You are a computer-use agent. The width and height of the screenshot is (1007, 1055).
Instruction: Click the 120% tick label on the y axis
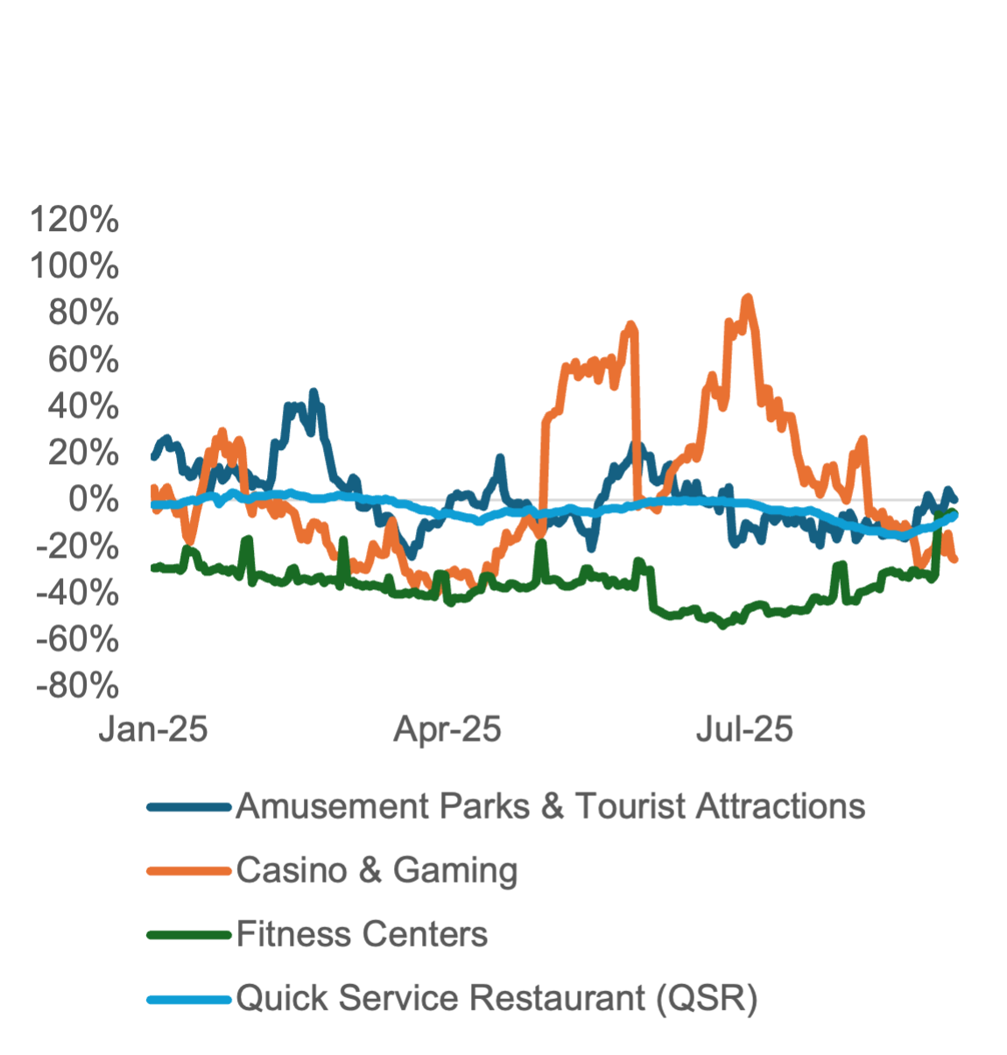75,221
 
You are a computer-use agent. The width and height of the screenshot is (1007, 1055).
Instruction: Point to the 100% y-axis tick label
75,267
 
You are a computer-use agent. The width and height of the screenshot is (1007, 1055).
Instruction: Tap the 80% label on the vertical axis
84,313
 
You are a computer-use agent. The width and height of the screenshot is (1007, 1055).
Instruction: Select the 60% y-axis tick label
84,360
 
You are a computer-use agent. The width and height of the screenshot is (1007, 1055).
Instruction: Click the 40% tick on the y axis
84,406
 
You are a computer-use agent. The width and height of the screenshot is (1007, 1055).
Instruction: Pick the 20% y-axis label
84,454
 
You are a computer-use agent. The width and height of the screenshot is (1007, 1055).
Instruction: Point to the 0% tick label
94,500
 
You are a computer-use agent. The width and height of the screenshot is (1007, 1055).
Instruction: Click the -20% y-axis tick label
79,547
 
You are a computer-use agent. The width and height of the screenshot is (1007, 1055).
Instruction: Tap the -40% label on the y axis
79,594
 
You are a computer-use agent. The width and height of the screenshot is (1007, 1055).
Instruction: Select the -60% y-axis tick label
79,640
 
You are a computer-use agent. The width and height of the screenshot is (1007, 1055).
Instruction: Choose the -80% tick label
79,686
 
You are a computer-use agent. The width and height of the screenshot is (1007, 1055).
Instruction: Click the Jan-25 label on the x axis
154,729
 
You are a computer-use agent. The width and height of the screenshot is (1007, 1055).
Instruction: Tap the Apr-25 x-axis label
447,729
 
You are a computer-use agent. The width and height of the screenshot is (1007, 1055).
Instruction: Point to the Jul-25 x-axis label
744,729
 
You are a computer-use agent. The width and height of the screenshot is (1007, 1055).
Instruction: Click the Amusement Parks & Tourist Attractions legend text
550,806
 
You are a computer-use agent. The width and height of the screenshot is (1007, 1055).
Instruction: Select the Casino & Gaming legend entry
377,870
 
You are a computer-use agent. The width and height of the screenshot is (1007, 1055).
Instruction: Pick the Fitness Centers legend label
362,934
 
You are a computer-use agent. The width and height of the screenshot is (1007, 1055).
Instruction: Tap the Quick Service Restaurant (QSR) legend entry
496,998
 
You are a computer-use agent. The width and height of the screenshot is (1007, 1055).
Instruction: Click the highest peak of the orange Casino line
747,298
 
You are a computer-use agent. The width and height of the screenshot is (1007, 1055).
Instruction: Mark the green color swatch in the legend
189,935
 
